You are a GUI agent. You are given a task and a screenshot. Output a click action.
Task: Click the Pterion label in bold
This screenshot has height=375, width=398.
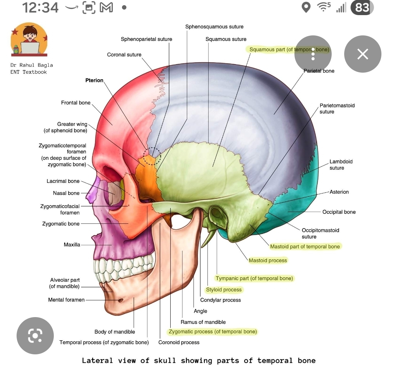tap(94, 80)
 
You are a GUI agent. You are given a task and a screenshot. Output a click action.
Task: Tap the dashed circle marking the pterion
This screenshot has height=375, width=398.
tap(152, 156)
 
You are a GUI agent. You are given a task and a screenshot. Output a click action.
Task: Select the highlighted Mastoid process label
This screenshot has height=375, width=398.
tap(268, 260)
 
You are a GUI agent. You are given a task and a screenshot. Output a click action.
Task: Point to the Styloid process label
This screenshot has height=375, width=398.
tap(224, 289)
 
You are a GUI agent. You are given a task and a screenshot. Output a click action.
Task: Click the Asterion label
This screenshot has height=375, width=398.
tap(339, 192)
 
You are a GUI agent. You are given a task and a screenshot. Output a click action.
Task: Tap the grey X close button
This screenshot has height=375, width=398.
tap(363, 54)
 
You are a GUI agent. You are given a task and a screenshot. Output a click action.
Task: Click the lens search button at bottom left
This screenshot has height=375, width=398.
tap(35, 336)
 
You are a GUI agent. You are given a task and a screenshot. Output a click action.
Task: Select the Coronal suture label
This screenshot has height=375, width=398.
tap(124, 55)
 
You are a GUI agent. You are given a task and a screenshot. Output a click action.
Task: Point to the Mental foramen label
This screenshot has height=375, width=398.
tap(66, 300)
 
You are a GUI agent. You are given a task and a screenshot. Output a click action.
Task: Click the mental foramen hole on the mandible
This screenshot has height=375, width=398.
tap(120, 301)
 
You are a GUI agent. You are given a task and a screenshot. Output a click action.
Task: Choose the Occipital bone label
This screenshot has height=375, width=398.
tap(339, 212)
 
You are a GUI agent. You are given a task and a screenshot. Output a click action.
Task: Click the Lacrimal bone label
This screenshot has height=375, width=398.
tap(63, 181)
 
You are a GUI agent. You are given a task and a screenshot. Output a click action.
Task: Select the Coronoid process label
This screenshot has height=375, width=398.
tap(179, 342)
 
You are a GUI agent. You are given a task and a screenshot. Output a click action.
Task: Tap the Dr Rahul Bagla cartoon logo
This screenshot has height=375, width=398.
tap(29, 39)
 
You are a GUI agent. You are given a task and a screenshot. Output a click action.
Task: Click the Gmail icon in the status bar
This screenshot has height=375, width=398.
tap(106, 7)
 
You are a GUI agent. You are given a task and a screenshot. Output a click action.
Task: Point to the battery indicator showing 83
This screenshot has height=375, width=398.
tap(362, 7)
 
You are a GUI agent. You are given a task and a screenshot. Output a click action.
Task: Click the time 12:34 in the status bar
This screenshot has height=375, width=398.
tap(41, 7)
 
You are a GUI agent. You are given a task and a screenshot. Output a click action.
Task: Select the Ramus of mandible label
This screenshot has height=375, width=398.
tap(203, 322)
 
